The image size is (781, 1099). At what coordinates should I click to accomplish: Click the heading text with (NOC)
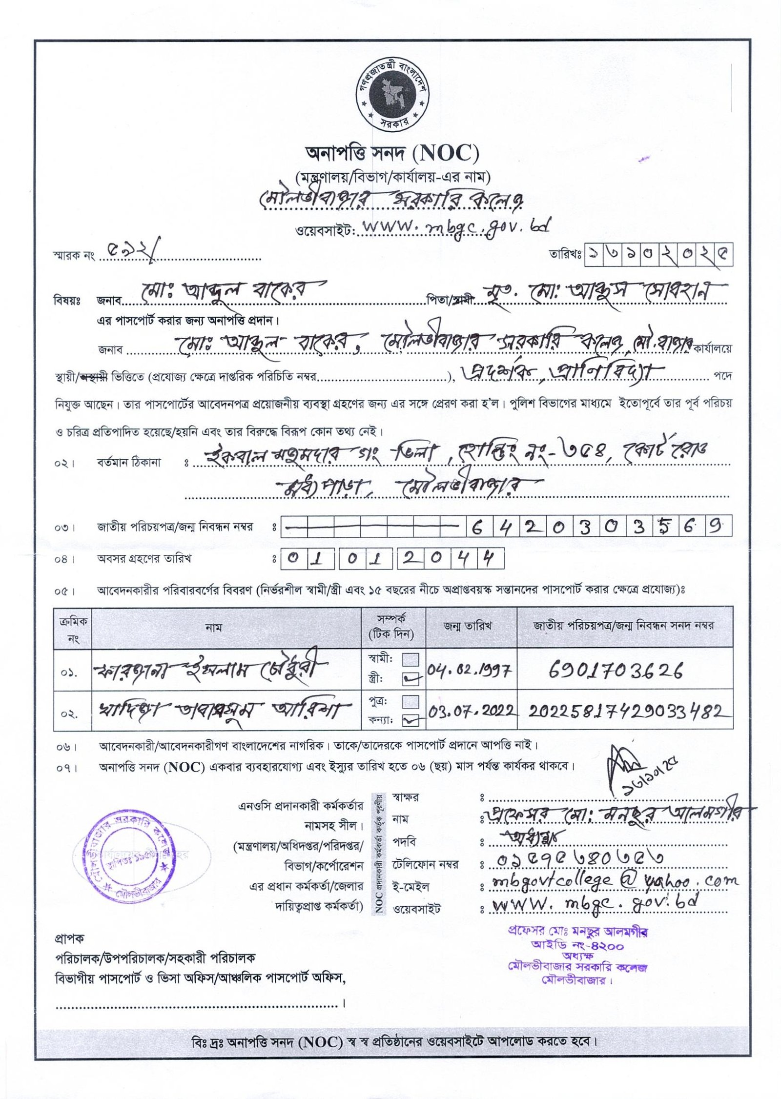(392, 154)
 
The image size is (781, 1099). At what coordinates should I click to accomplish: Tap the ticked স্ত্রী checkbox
(411, 678)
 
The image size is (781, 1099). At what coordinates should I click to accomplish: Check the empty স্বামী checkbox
(411, 660)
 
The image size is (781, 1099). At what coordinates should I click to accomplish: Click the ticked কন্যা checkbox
(411, 719)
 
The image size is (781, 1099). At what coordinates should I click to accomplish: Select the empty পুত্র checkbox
(411, 701)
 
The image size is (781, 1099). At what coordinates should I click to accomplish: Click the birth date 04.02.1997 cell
(470, 670)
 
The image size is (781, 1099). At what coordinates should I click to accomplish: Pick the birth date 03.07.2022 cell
(472, 711)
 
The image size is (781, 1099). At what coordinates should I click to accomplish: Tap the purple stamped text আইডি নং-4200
(577, 946)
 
